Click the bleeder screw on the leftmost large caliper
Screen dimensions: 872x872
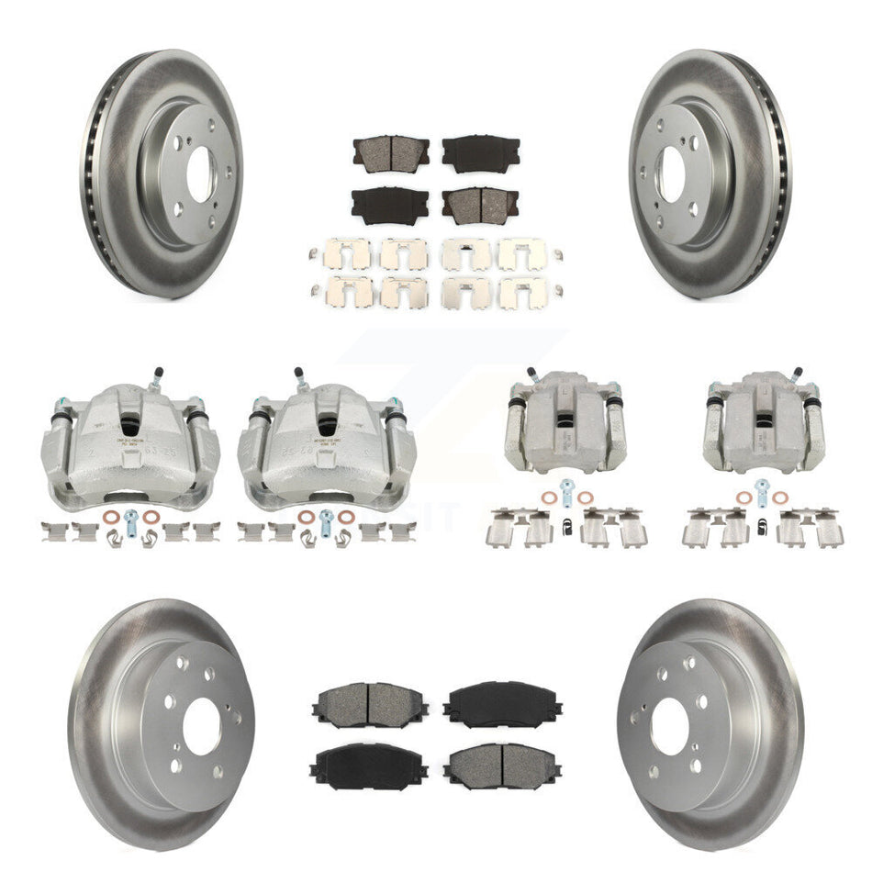point(157,377)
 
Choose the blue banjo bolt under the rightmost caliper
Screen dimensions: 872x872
point(760,488)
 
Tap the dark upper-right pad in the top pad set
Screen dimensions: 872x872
point(481,151)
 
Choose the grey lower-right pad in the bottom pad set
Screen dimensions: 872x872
point(501,762)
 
